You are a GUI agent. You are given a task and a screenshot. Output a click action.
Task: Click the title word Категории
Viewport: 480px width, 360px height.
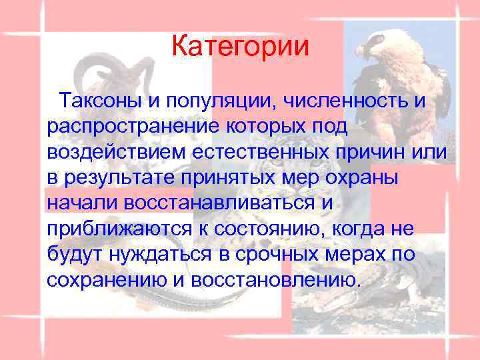pos(240,47)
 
